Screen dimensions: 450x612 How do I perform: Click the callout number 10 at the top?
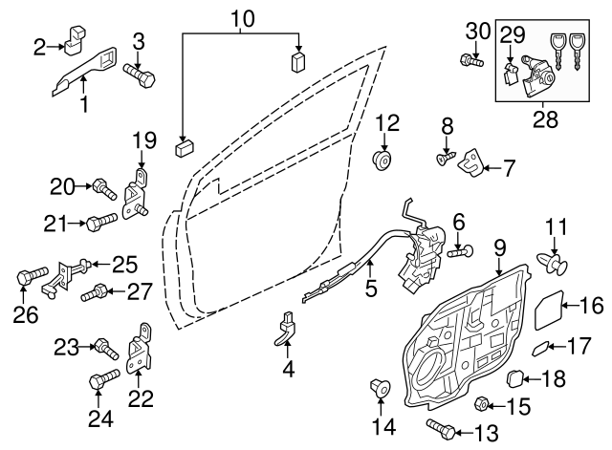coord(243,18)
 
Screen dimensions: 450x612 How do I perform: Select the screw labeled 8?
coord(446,158)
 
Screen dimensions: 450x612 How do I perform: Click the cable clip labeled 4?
coord(287,327)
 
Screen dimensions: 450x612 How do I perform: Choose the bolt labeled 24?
coord(98,382)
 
